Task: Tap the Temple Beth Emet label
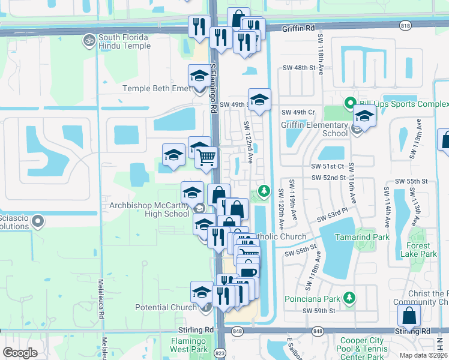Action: (155, 88)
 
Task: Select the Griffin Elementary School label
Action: (314, 129)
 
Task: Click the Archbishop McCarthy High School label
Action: (149, 209)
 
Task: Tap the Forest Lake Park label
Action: (418, 250)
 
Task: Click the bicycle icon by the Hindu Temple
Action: (89, 38)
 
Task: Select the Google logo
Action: (20, 353)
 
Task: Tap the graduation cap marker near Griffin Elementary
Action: (364, 116)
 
